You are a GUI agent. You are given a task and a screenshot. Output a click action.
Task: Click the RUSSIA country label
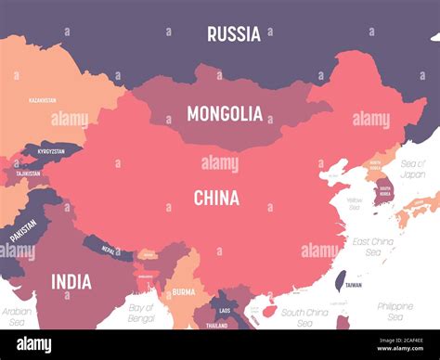point(233,34)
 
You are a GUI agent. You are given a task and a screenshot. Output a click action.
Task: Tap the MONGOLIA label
point(225,114)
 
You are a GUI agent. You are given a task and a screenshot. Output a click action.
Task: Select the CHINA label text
point(216,198)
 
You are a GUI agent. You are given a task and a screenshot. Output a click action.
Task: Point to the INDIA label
point(71,281)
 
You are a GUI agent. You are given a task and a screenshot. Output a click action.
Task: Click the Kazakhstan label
point(42,99)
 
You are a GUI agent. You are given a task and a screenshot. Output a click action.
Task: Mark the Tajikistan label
point(27,173)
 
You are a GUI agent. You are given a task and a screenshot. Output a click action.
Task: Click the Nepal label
point(109,250)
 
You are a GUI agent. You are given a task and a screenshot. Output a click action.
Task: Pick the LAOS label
point(224,298)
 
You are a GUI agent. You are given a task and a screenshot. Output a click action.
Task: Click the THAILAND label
point(217,326)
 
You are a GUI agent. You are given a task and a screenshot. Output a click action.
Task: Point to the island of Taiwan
point(340,279)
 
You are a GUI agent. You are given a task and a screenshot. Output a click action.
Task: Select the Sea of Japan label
point(412,168)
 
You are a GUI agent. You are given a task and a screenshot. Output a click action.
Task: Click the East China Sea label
point(372,246)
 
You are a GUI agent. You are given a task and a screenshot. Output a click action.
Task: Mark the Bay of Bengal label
point(142,313)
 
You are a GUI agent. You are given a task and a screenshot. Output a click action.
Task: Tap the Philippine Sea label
point(395,311)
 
